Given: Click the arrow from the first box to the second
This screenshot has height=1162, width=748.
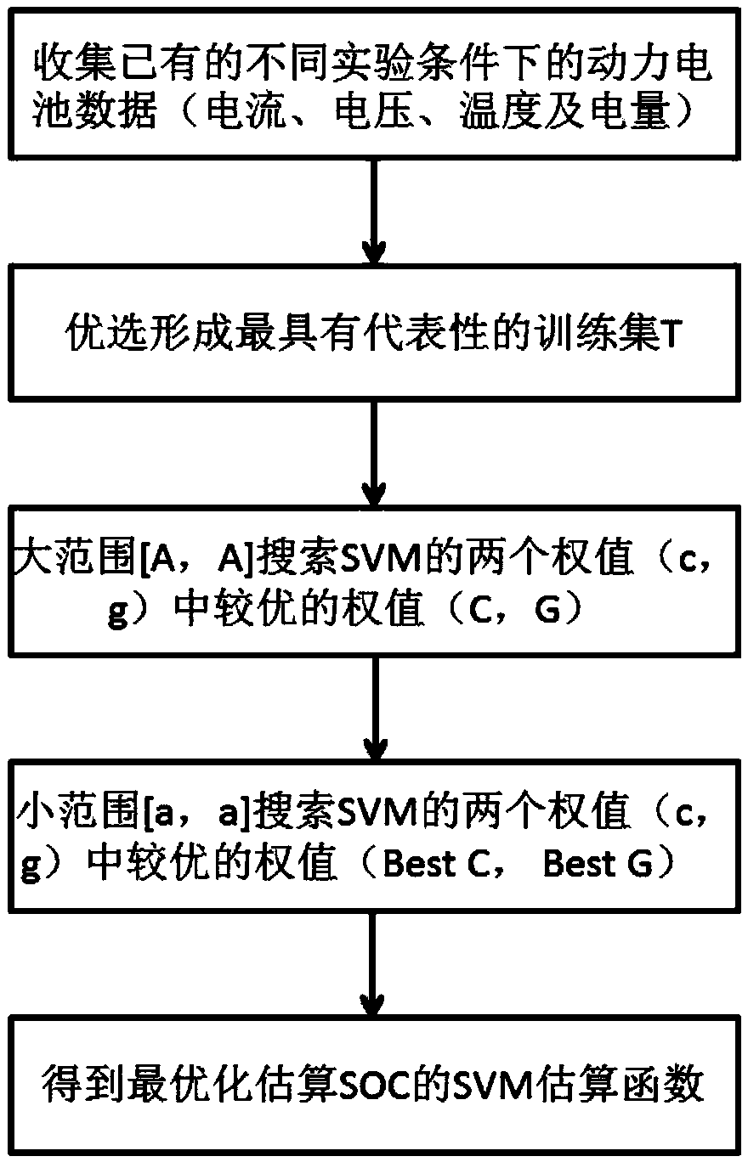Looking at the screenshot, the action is [x=374, y=211].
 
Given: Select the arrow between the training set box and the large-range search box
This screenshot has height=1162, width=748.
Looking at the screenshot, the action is [x=374, y=454].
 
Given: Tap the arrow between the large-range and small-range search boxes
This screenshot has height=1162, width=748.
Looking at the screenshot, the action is [x=375, y=708].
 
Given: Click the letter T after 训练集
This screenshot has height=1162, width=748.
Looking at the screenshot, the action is [x=666, y=334].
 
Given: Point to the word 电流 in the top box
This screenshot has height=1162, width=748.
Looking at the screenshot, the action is [x=245, y=110].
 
